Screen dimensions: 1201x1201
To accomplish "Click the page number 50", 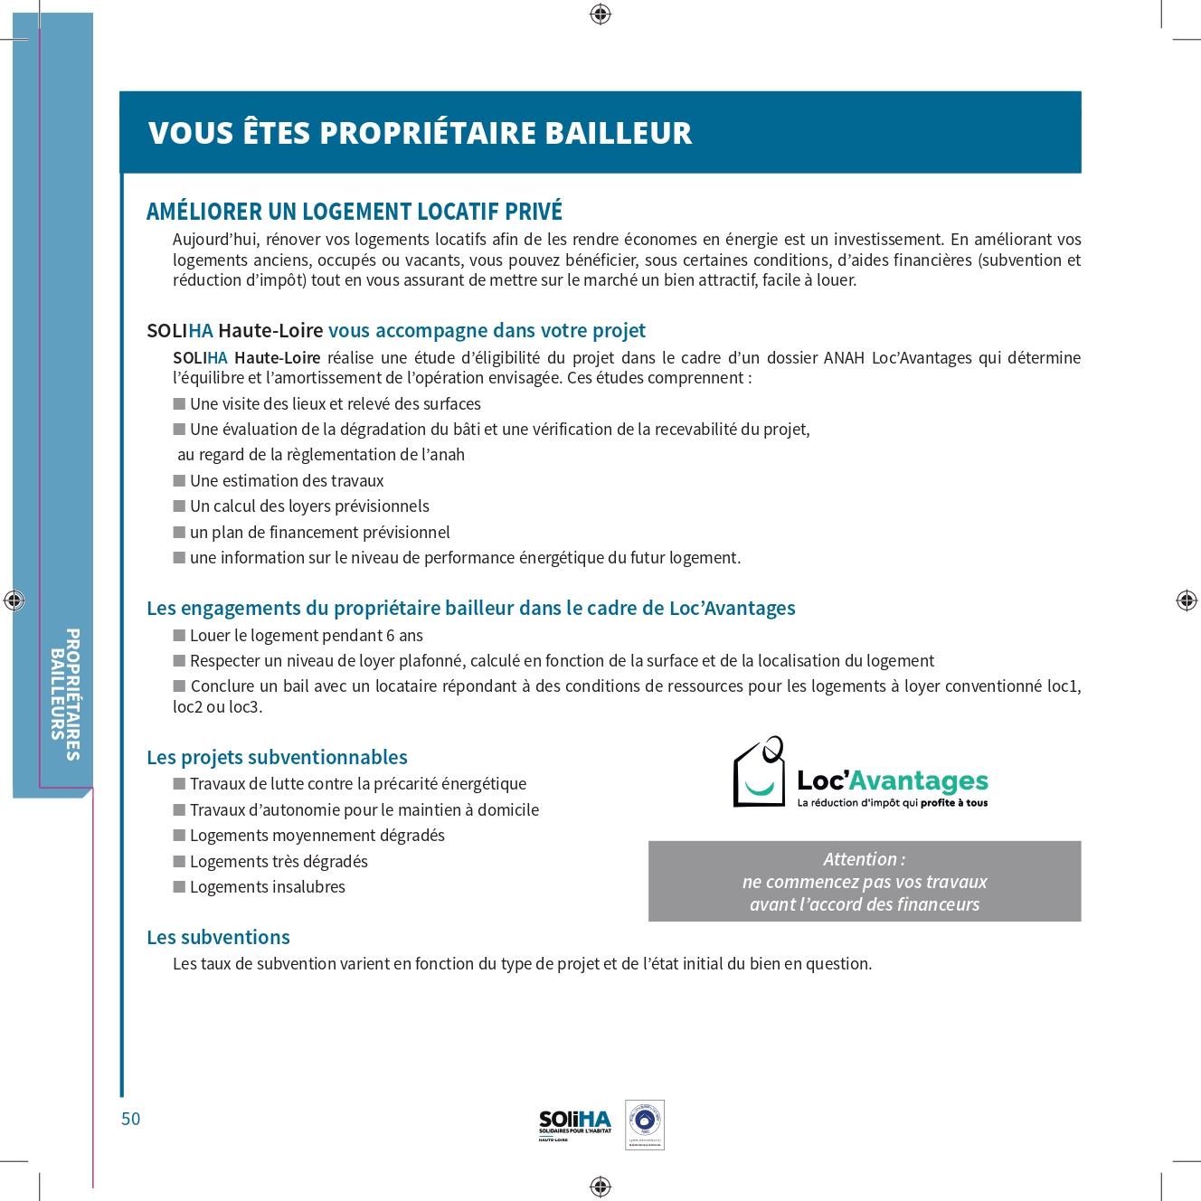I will [x=131, y=1119].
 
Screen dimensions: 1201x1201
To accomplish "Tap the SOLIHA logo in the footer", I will [x=575, y=1124].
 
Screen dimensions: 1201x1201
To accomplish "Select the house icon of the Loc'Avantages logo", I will [x=759, y=773].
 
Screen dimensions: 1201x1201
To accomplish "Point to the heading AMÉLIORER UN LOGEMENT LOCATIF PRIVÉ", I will [x=355, y=212].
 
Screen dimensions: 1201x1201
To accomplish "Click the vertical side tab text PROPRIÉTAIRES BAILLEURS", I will [x=65, y=694].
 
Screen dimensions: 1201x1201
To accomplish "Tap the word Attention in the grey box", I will [x=860, y=859].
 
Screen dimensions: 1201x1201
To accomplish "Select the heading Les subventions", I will [x=218, y=938].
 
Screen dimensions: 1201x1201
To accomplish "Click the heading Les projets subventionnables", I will [x=277, y=758].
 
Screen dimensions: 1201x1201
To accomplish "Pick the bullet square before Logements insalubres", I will [x=179, y=887].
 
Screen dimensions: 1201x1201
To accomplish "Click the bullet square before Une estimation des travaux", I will [x=179, y=481].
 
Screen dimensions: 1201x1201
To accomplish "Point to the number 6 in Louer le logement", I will [x=391, y=636].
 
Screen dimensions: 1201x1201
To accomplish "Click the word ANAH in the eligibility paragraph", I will [x=844, y=358].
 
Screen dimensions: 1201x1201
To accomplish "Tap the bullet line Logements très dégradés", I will [x=279, y=862].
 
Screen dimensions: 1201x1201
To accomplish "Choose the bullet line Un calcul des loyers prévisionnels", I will [x=309, y=506].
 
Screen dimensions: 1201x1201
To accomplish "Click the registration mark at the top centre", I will [x=600, y=14].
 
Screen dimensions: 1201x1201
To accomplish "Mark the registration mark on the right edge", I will [x=1187, y=600].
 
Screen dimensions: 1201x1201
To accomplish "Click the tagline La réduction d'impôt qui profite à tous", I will [x=892, y=803].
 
